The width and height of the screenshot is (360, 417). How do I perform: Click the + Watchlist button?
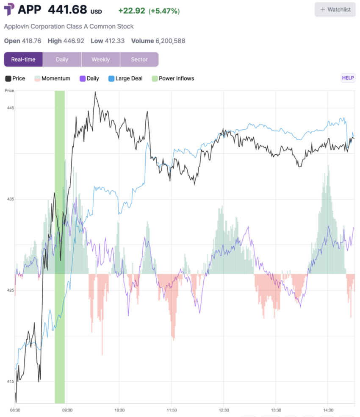pyautogui.click(x=335, y=9)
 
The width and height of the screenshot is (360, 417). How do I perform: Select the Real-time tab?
pyautogui.click(x=23, y=59)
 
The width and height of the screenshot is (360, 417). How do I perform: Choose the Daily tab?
pyautogui.click(x=62, y=59)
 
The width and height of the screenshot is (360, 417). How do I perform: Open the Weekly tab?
pyautogui.click(x=100, y=59)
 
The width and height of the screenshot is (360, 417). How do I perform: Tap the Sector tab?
pyautogui.click(x=139, y=59)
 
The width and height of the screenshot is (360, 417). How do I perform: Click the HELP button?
pyautogui.click(x=348, y=78)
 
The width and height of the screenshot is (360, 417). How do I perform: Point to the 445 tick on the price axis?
pyautogui.click(x=10, y=108)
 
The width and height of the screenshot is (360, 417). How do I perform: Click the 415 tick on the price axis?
pyautogui.click(x=10, y=381)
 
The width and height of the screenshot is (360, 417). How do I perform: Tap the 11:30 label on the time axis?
pyautogui.click(x=171, y=410)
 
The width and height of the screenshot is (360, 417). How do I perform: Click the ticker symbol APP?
pyautogui.click(x=30, y=9)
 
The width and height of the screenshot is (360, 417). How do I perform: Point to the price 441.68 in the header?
pyautogui.click(x=67, y=9)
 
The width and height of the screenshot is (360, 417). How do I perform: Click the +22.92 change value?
pyautogui.click(x=132, y=11)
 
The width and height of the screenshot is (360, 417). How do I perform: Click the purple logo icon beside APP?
pyautogui.click(x=9, y=9)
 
